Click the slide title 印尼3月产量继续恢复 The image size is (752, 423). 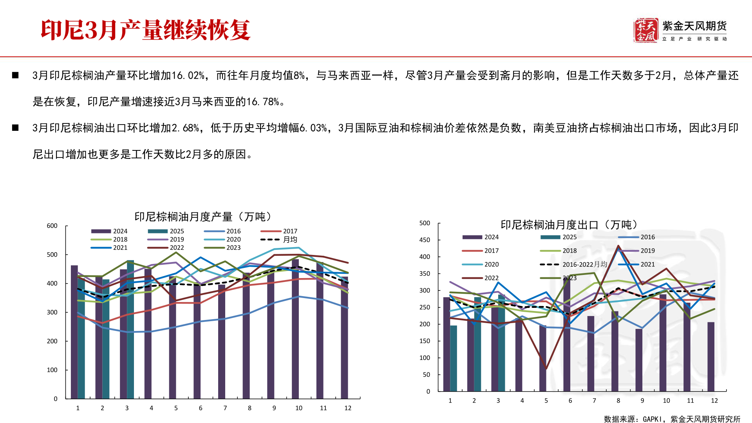[x=145, y=30]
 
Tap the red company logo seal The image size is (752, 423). [x=645, y=30]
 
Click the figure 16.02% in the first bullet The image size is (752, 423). [x=188, y=75]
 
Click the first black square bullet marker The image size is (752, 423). [x=15, y=75]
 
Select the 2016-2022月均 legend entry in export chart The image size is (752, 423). [x=574, y=264]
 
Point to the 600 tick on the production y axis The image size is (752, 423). [x=52, y=226]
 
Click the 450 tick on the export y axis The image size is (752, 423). [x=425, y=240]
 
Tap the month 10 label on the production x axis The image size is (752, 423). [x=299, y=408]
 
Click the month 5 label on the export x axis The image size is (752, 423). [x=546, y=401]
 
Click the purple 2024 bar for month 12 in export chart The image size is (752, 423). [x=711, y=356]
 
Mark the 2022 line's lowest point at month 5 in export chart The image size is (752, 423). [x=546, y=369]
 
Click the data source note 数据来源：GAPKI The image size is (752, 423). [x=672, y=419]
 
